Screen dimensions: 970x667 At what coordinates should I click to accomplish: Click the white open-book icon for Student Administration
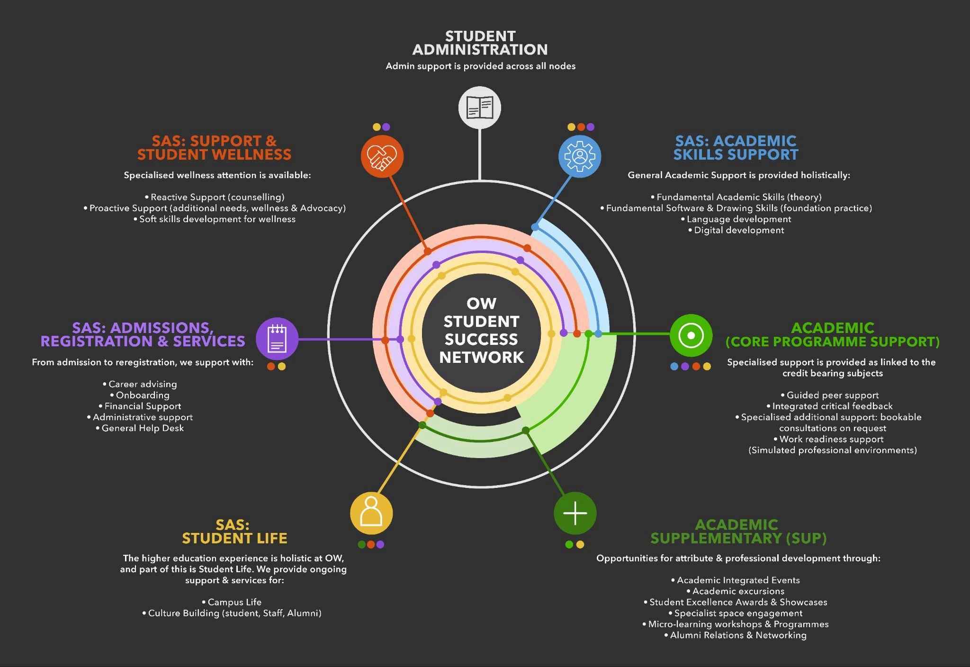tap(479, 108)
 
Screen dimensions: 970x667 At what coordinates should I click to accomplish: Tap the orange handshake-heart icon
tap(382, 156)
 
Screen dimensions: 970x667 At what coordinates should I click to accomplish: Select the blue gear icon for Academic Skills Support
tap(580, 156)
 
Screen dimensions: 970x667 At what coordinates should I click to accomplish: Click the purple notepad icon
tap(277, 339)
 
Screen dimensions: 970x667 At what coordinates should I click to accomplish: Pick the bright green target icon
tap(691, 335)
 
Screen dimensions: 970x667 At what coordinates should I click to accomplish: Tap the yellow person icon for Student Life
tap(371, 513)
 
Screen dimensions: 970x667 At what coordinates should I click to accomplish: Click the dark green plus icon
tap(575, 513)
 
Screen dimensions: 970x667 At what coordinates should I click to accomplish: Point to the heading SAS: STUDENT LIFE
tap(234, 532)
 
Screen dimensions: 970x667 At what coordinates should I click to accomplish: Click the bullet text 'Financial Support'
tap(143, 406)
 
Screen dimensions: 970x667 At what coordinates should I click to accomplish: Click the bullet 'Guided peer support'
tap(832, 395)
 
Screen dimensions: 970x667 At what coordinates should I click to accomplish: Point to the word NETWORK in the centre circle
tap(481, 357)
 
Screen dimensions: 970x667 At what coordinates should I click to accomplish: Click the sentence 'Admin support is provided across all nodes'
tap(480, 66)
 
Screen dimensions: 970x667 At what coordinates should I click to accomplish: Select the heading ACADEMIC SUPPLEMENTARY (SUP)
tap(738, 532)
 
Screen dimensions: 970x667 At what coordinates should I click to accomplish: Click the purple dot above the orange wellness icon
tap(386, 127)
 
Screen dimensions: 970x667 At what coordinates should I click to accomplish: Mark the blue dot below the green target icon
tap(674, 366)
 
